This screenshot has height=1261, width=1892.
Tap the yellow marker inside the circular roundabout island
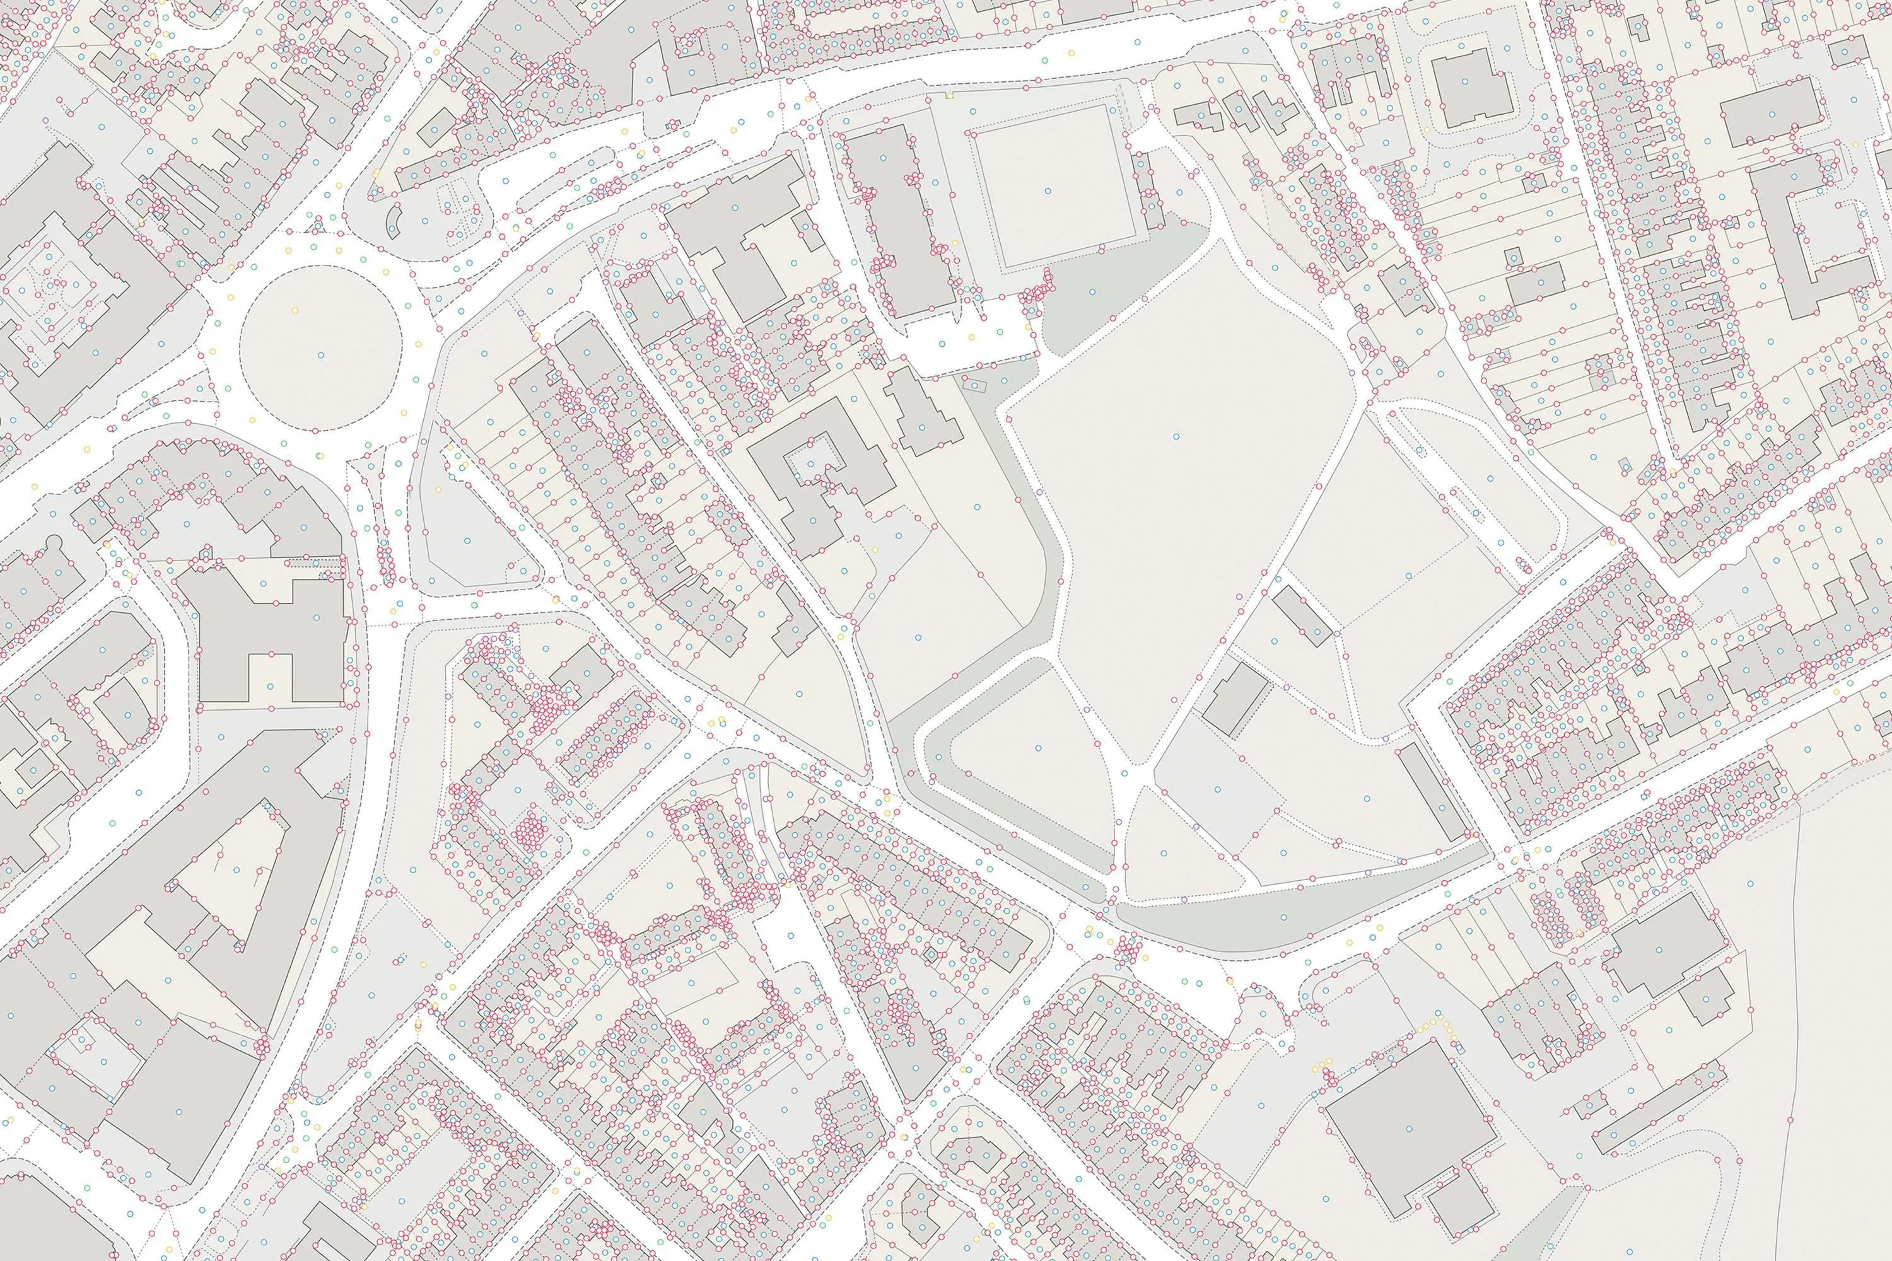click(295, 310)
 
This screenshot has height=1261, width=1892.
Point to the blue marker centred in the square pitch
click(1048, 190)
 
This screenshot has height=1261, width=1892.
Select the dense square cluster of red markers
click(528, 829)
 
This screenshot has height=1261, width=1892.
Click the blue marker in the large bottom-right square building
click(1410, 1126)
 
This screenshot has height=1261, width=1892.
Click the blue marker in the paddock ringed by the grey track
click(1037, 748)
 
